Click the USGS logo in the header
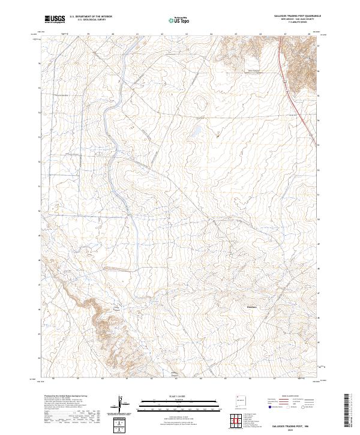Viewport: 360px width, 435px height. (x=55, y=19)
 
